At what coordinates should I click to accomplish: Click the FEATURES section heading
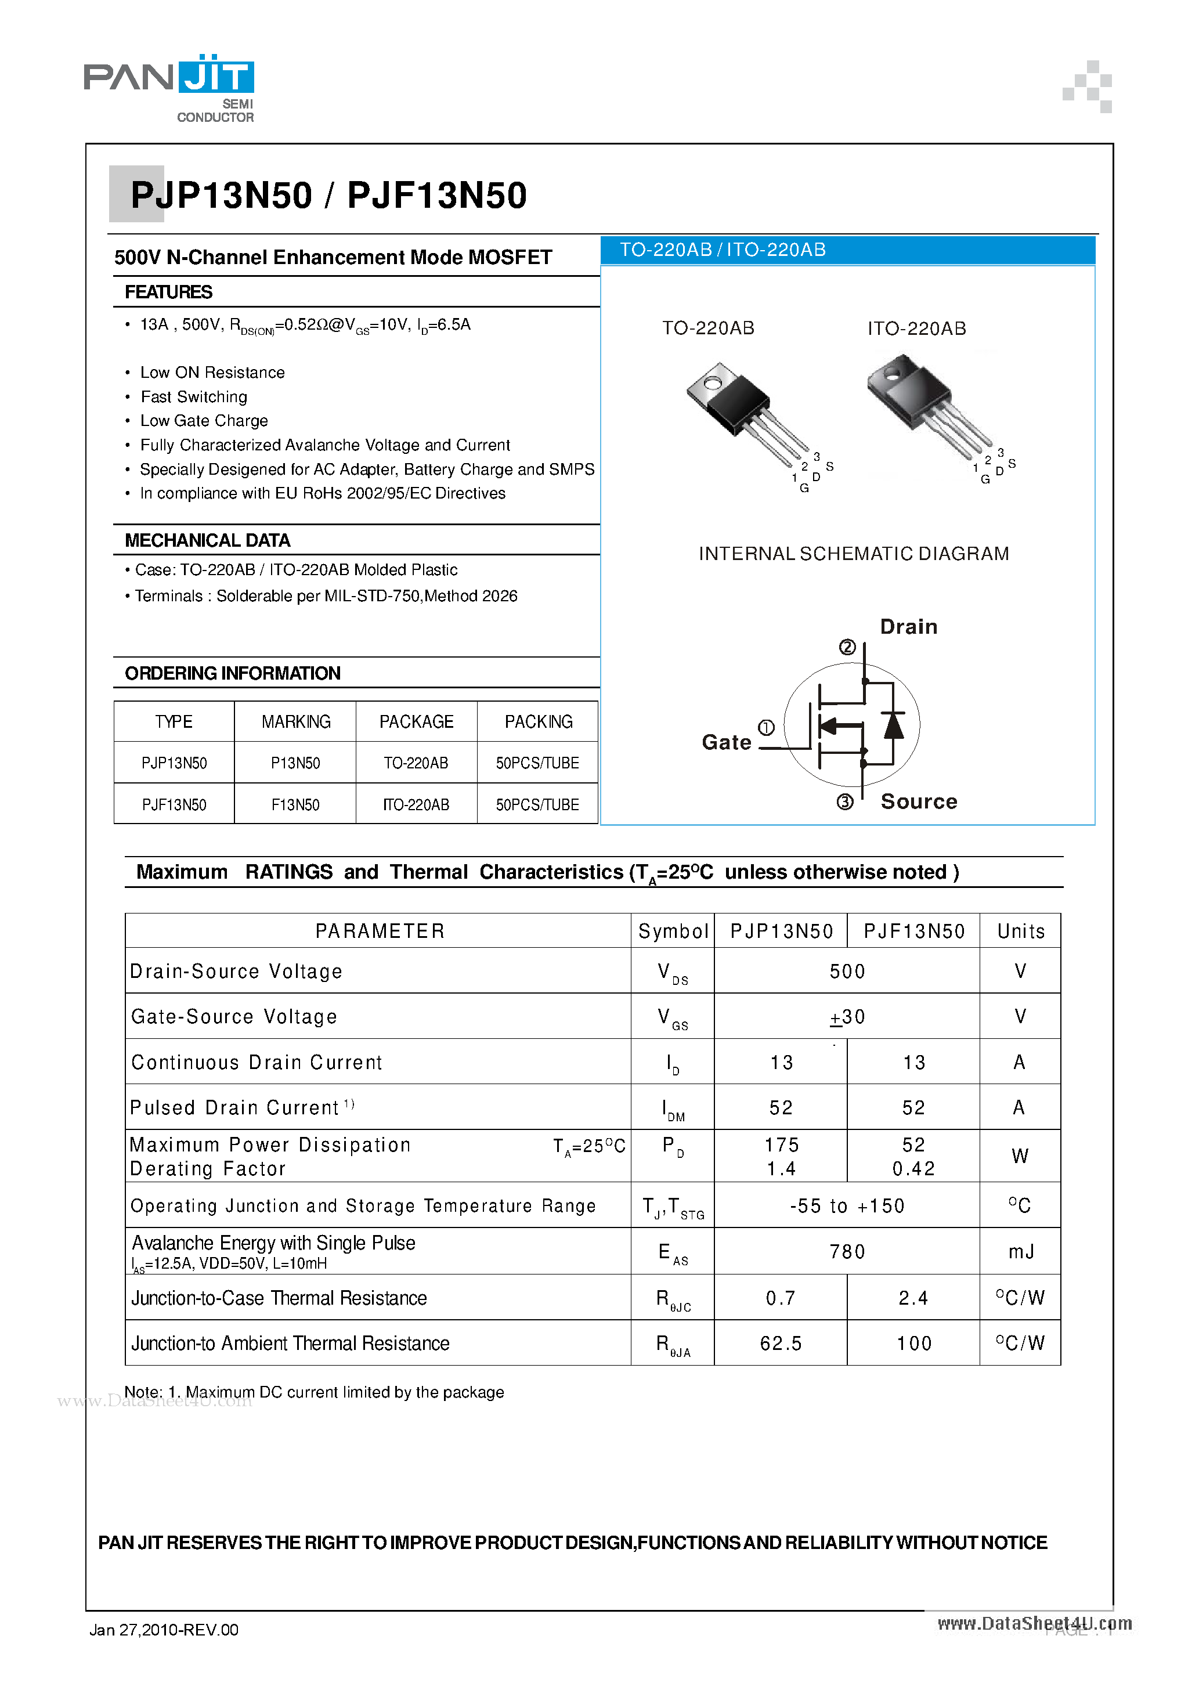coord(168,292)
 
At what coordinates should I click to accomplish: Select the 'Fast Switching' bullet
coord(194,397)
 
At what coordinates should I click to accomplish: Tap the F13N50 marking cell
coord(295,804)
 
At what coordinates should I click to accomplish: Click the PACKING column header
coord(538,721)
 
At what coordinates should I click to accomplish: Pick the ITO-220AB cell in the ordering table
coord(416,804)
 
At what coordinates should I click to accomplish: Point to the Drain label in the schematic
coord(908,627)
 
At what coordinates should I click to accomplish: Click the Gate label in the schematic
coord(726,742)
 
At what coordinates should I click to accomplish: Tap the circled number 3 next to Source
coord(845,802)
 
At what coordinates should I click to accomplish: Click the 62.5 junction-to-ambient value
coord(781,1343)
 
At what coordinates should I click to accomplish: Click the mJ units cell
coord(1020,1251)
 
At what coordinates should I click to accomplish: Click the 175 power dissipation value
coord(781,1145)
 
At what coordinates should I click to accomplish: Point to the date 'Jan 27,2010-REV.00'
coord(164,1630)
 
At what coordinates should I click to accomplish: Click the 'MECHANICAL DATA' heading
coord(207,540)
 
